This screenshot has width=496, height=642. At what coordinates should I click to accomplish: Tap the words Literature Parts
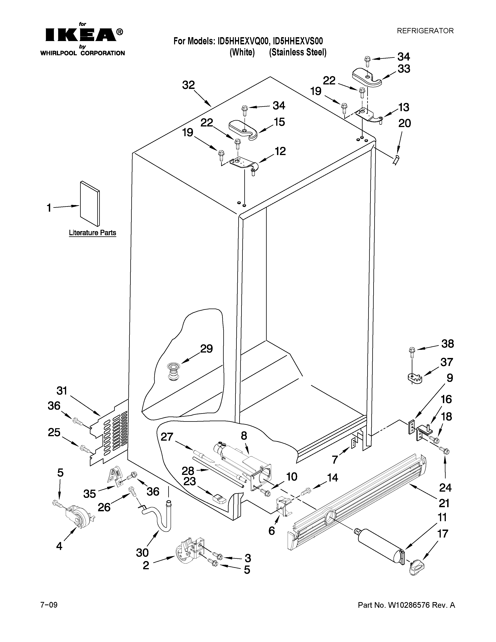(x=92, y=233)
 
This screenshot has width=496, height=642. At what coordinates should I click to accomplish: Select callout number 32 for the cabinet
(x=188, y=85)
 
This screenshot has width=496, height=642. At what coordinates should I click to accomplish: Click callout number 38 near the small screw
(x=447, y=344)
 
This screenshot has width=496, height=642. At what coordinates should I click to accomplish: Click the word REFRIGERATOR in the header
(x=425, y=31)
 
